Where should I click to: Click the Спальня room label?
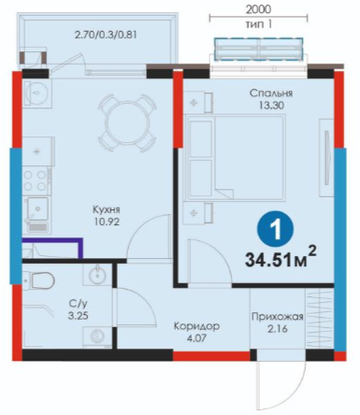coord(271,93)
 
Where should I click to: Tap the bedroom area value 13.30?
coord(271,106)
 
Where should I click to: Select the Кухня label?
coord(107,209)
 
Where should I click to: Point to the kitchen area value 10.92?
coord(107,222)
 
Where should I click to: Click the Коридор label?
coord(196,326)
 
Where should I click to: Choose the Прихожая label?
coord(278,317)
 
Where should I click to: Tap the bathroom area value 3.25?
coord(79,316)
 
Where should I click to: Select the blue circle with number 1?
coord(275,230)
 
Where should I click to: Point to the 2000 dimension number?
coord(258,9)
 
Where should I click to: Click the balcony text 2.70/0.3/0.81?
coord(106,35)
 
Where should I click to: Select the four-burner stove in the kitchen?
coord(36,180)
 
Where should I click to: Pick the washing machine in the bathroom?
coord(97,337)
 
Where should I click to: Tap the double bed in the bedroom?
coord(236,157)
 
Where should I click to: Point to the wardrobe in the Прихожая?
coord(319,320)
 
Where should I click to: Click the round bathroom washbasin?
coord(97,276)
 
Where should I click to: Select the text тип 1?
coord(258,24)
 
